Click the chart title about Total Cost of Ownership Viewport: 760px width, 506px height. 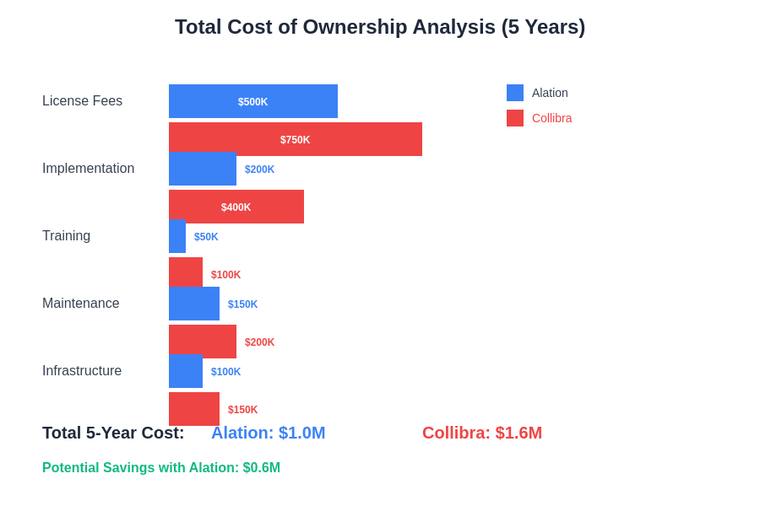point(380,27)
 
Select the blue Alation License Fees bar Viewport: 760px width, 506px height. point(253,101)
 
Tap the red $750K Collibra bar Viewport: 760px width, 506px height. point(296,139)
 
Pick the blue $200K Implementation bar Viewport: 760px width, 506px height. point(203,169)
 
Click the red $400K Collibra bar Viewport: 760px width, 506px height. point(236,207)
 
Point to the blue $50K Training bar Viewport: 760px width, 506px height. point(177,236)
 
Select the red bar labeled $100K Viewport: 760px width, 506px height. point(186,272)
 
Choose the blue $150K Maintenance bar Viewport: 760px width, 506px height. point(194,304)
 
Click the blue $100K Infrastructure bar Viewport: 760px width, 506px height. point(186,371)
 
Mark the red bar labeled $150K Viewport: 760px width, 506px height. point(194,409)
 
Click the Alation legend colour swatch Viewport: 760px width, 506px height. point(515,93)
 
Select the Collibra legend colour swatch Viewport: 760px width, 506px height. point(515,118)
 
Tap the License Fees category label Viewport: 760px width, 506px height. point(83,101)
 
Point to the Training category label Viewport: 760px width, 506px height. point(67,236)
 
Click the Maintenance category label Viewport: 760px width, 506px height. point(81,304)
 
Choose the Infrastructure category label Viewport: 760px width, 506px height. point(82,371)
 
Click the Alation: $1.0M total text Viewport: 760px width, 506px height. point(268,433)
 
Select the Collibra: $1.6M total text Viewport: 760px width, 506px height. point(482,433)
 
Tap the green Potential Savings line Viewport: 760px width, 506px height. point(161,468)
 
